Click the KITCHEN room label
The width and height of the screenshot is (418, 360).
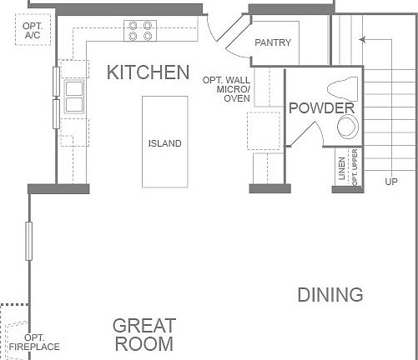click(x=149, y=72)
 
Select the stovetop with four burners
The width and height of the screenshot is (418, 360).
click(x=140, y=31)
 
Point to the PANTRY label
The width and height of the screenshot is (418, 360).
click(x=273, y=42)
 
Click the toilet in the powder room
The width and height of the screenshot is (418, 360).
click(x=342, y=87)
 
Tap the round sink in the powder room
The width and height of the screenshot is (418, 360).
click(x=346, y=126)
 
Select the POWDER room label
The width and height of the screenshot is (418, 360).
click(x=321, y=108)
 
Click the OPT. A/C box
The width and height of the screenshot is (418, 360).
click(x=33, y=32)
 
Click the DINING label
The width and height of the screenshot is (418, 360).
click(x=330, y=294)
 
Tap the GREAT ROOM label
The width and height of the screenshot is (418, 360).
click(x=144, y=334)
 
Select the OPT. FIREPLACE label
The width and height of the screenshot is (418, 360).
click(x=35, y=342)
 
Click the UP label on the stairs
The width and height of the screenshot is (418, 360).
click(x=390, y=181)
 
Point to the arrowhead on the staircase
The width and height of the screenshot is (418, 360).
click(x=361, y=38)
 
